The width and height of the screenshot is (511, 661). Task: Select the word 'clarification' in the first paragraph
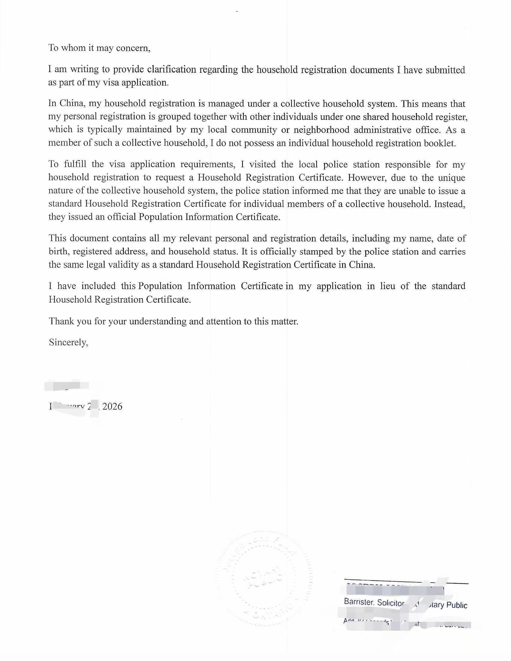pyautogui.click(x=172, y=69)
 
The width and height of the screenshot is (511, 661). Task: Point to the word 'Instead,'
pyautogui.click(x=450, y=204)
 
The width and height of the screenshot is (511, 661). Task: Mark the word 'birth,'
pyautogui.click(x=58, y=251)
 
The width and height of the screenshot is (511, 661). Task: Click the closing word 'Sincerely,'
pyautogui.click(x=69, y=342)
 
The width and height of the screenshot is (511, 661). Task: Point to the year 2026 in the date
pyautogui.click(x=112, y=407)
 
